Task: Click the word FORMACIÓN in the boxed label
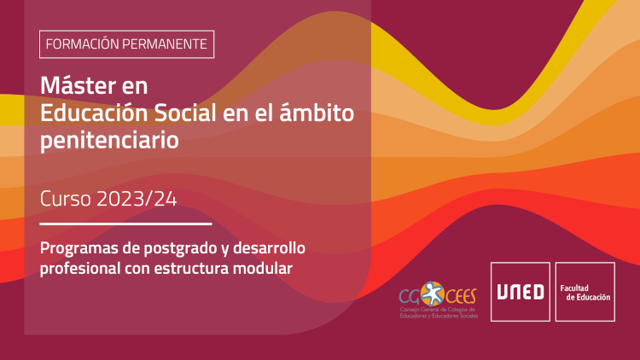coord(82,44)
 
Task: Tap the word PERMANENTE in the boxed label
coord(165,44)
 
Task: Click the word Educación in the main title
coord(94,113)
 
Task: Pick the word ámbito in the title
coord(317,113)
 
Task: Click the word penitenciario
coord(109,141)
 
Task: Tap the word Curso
coord(66,199)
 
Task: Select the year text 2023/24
coord(137,199)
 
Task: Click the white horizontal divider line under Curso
coord(125,224)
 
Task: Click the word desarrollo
coord(269,247)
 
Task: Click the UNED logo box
coord(521,292)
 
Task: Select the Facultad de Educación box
coord(585,292)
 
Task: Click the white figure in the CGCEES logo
coord(433,293)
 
